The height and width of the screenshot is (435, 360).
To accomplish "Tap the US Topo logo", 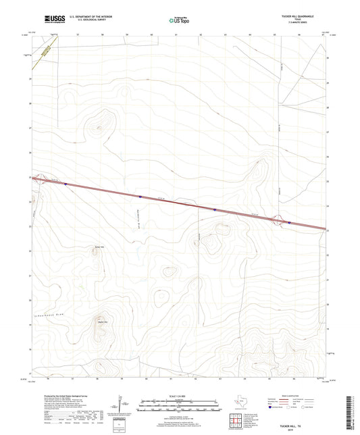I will pos(174,21).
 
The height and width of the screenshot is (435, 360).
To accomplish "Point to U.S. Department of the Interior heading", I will pos(90,14).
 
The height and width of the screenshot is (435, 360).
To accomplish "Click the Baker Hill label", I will pos(91,247).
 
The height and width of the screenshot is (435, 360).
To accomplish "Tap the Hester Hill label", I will pos(103,322).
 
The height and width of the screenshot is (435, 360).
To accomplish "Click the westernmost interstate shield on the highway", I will pos(66,184).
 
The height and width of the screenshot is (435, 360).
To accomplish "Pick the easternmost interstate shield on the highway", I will pos(289,222).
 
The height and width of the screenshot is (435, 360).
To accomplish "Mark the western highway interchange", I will pos(42,180).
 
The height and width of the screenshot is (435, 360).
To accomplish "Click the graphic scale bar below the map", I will pos(180,406).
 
